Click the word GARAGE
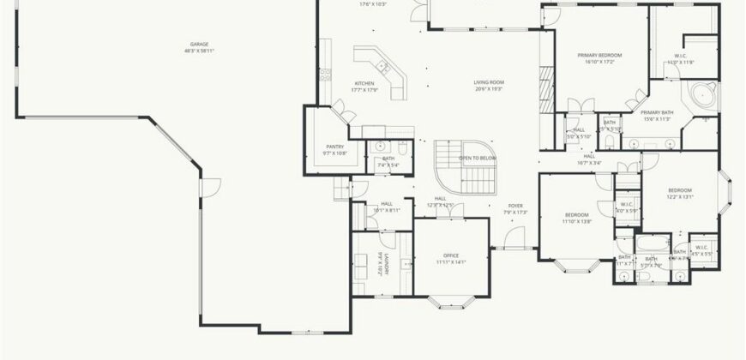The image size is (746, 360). pyautogui.click(x=199, y=44)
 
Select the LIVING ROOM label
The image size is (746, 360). pyautogui.click(x=489, y=82)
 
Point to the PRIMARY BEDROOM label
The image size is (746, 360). pyautogui.click(x=603, y=55)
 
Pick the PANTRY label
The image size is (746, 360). pyautogui.click(x=334, y=147)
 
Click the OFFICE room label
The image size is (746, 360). pyautogui.click(x=451, y=255)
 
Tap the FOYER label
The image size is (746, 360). pyautogui.click(x=514, y=206)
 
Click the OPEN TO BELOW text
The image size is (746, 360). pyautogui.click(x=478, y=159)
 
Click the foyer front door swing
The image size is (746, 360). pyautogui.click(x=512, y=239)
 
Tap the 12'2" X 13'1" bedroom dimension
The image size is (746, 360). pyautogui.click(x=679, y=197)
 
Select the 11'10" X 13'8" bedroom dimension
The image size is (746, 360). pyautogui.click(x=576, y=221)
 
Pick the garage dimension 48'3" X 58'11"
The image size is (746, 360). pyautogui.click(x=199, y=51)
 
